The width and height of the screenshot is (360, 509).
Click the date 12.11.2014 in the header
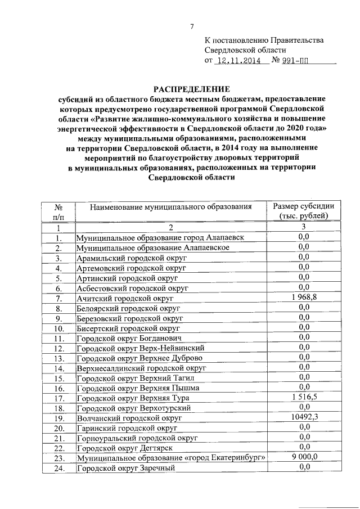click(238, 61)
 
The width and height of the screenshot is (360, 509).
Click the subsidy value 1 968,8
click(304, 297)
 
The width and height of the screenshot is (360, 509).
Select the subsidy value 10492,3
click(304, 417)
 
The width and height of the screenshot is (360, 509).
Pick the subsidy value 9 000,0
click(304, 457)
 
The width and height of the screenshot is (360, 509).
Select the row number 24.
click(58, 468)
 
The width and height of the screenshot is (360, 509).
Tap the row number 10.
click(58, 328)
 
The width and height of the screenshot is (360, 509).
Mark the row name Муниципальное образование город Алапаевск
click(160, 238)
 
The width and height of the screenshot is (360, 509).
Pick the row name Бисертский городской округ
click(127, 328)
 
